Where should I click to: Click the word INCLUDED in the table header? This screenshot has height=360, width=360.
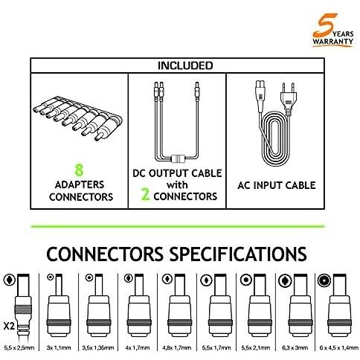point(185,65)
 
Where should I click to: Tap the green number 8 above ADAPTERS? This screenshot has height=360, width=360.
point(79,170)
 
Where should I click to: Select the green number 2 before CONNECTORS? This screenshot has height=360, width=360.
point(146,194)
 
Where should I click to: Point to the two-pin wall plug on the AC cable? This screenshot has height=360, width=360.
point(289,99)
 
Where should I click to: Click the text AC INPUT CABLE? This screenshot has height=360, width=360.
point(277,185)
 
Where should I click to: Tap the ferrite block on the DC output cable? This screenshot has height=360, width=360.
point(178,158)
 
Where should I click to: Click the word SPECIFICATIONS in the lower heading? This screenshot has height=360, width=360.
point(238,254)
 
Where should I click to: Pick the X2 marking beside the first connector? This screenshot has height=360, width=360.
point(9,326)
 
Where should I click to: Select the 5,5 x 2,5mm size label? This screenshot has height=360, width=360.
point(19,348)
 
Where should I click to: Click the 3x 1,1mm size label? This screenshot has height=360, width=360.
point(59,348)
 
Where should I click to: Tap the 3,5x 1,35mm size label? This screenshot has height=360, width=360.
point(98,348)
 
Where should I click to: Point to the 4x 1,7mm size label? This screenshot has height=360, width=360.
point(138,348)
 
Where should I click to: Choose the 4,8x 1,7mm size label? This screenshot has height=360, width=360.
point(177,348)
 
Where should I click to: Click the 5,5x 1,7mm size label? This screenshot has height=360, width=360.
point(216,348)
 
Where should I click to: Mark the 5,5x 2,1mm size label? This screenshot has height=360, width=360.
point(256,348)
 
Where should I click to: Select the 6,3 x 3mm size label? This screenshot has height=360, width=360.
point(295,348)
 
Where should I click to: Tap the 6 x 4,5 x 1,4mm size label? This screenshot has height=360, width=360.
point(338,348)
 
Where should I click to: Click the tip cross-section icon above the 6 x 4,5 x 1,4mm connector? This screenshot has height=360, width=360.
point(324,280)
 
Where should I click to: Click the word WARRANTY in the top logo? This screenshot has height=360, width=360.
point(332,42)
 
